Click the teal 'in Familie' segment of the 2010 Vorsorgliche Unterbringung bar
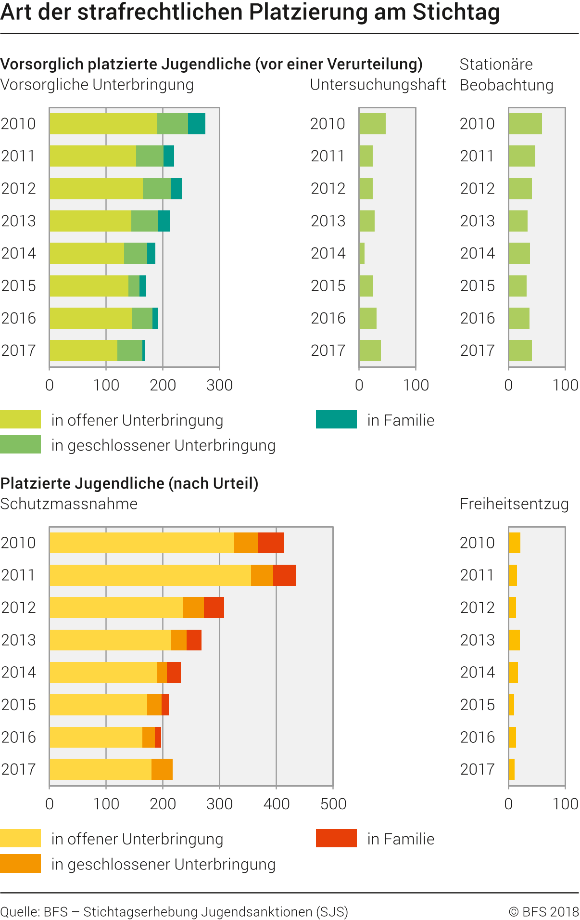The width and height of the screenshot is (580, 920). [x=196, y=124]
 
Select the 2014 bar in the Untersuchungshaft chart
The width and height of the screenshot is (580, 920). [x=362, y=253]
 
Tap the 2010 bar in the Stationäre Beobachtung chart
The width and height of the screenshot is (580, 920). [x=525, y=124]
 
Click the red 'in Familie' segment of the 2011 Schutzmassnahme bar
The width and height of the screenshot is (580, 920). [x=284, y=575]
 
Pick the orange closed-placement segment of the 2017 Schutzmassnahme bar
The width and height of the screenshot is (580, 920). [x=162, y=769]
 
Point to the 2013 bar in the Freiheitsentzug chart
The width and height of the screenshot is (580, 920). [x=514, y=640]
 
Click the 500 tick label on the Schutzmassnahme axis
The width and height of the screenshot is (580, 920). [x=333, y=803]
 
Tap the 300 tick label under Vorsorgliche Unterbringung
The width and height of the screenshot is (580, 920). [x=219, y=385]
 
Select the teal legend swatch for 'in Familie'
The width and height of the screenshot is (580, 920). [x=336, y=419]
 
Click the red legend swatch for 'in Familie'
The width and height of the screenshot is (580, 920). [x=336, y=838]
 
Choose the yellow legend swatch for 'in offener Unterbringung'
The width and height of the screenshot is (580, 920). [x=20, y=838]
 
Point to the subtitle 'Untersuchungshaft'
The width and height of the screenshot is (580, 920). [x=378, y=85]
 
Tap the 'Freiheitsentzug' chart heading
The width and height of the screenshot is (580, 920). [x=514, y=504]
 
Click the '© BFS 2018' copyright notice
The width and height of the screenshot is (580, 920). [x=543, y=911]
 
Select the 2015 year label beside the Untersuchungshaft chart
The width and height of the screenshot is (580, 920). [x=328, y=286]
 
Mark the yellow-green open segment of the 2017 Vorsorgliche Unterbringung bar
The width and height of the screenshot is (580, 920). [x=83, y=350]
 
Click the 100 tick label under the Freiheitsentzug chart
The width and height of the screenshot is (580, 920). [x=565, y=803]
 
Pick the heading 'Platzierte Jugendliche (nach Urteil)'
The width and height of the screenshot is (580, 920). [x=129, y=483]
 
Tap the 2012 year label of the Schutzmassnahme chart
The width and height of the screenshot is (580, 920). [x=18, y=608]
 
